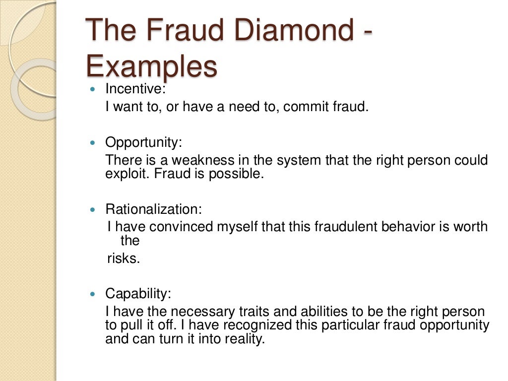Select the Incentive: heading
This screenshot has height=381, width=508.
click(x=135, y=89)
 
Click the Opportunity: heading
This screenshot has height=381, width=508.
click(x=143, y=143)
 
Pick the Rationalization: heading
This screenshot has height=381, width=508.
click(x=153, y=209)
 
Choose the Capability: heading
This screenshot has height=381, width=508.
click(x=138, y=293)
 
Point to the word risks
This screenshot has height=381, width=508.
click(x=124, y=258)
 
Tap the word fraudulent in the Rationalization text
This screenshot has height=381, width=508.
click(x=337, y=227)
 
